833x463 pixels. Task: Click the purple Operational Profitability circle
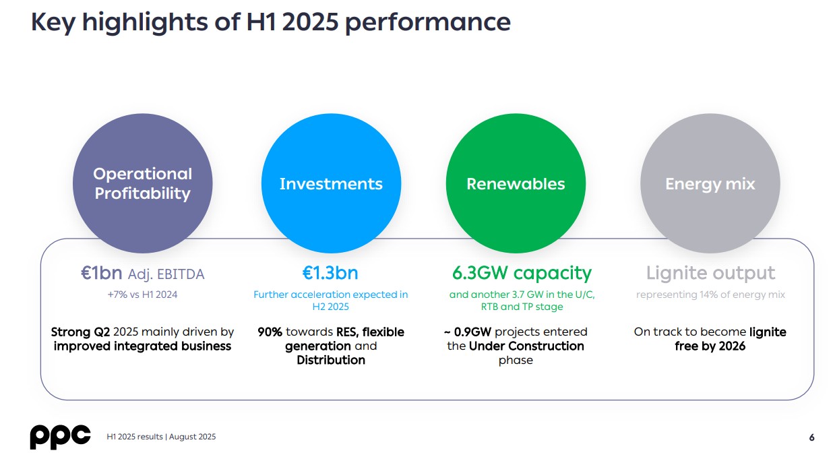(x=142, y=183)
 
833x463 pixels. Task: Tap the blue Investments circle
(x=331, y=183)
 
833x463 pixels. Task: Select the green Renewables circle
(x=516, y=183)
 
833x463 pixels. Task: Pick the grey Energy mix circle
(x=710, y=183)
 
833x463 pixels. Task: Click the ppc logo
(x=60, y=437)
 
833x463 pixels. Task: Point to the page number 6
(x=811, y=437)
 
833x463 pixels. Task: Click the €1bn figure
(x=102, y=273)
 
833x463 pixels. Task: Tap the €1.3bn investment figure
(x=330, y=273)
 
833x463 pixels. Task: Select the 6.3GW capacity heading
(x=522, y=273)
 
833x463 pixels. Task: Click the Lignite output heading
(x=710, y=273)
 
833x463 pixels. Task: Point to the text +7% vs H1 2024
(x=142, y=295)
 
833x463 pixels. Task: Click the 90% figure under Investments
(x=270, y=332)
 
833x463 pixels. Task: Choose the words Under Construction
(x=526, y=346)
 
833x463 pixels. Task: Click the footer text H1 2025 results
(x=135, y=437)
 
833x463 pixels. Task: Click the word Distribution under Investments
(x=331, y=360)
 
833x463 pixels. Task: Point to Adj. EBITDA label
(x=166, y=274)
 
